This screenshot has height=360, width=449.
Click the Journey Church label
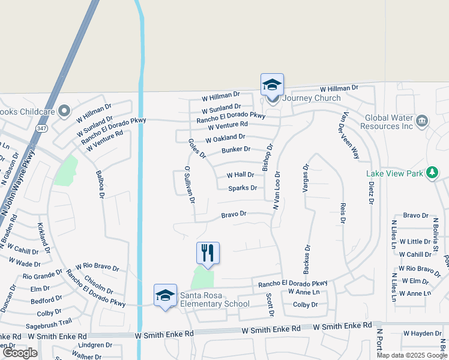311,98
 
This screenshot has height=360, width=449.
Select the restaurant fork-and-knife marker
208,253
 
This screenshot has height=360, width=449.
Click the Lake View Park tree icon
432,173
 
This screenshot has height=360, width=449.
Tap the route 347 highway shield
41,128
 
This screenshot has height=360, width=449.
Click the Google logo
20,353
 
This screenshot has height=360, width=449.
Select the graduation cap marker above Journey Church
272,84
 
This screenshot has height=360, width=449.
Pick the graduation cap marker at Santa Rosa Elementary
165,295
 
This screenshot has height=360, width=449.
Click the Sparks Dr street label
243,188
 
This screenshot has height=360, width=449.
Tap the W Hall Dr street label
240,175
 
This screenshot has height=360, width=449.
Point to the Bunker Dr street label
235,149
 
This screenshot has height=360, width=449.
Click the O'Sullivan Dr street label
190,184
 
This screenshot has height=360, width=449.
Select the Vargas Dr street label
306,178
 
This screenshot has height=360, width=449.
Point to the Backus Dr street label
307,257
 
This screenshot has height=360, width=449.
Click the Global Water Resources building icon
421,121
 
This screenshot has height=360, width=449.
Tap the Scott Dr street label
270,305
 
